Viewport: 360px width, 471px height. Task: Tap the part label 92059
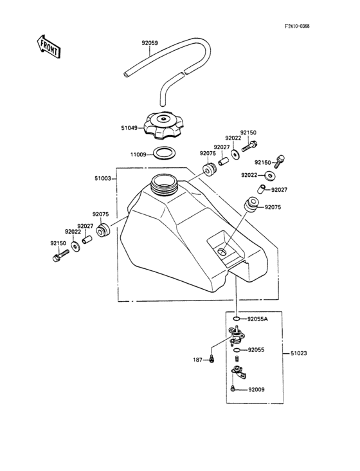point(150,44)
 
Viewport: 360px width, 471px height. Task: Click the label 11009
point(138,154)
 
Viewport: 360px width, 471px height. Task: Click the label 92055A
point(257,319)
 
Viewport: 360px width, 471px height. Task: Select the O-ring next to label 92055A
point(237,319)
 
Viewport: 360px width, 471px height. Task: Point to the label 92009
point(255,389)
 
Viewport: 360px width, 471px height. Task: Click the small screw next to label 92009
point(232,389)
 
